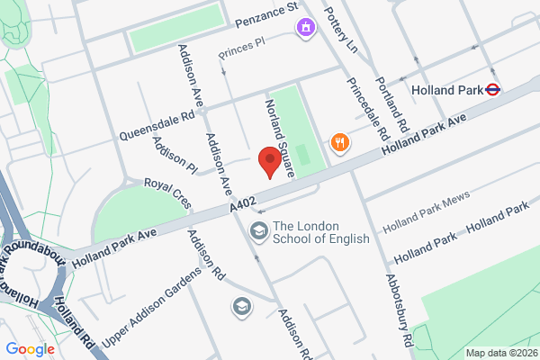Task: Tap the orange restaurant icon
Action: (339, 141)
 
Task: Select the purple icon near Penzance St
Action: (307, 27)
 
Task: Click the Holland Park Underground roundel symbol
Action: (492, 90)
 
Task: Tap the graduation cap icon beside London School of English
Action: (259, 232)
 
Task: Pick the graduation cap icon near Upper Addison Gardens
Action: (241, 307)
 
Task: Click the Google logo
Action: (30, 349)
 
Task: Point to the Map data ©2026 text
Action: (500, 352)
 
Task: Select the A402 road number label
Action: (243, 206)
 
